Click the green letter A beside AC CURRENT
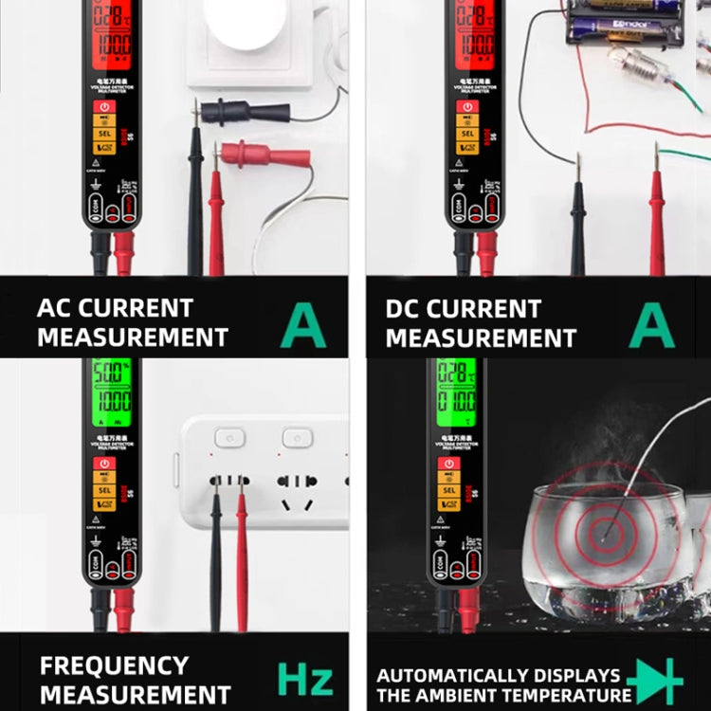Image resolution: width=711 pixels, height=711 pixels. point(303,325)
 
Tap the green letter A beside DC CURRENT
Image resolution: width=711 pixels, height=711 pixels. point(652,325)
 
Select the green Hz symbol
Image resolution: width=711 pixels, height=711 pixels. point(304,679)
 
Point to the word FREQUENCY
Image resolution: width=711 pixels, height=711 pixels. point(114,665)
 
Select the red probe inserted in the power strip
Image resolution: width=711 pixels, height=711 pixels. point(242,559)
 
